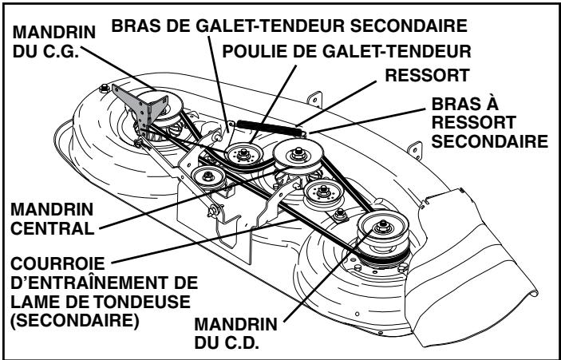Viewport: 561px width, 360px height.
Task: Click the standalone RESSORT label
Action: pos(426,78)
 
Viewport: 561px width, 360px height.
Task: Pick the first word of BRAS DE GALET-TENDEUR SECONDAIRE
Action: pos(139,25)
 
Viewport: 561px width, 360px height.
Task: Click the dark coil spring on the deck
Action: pos(264,122)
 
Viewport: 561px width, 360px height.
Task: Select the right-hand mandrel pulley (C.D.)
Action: pos(374,231)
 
